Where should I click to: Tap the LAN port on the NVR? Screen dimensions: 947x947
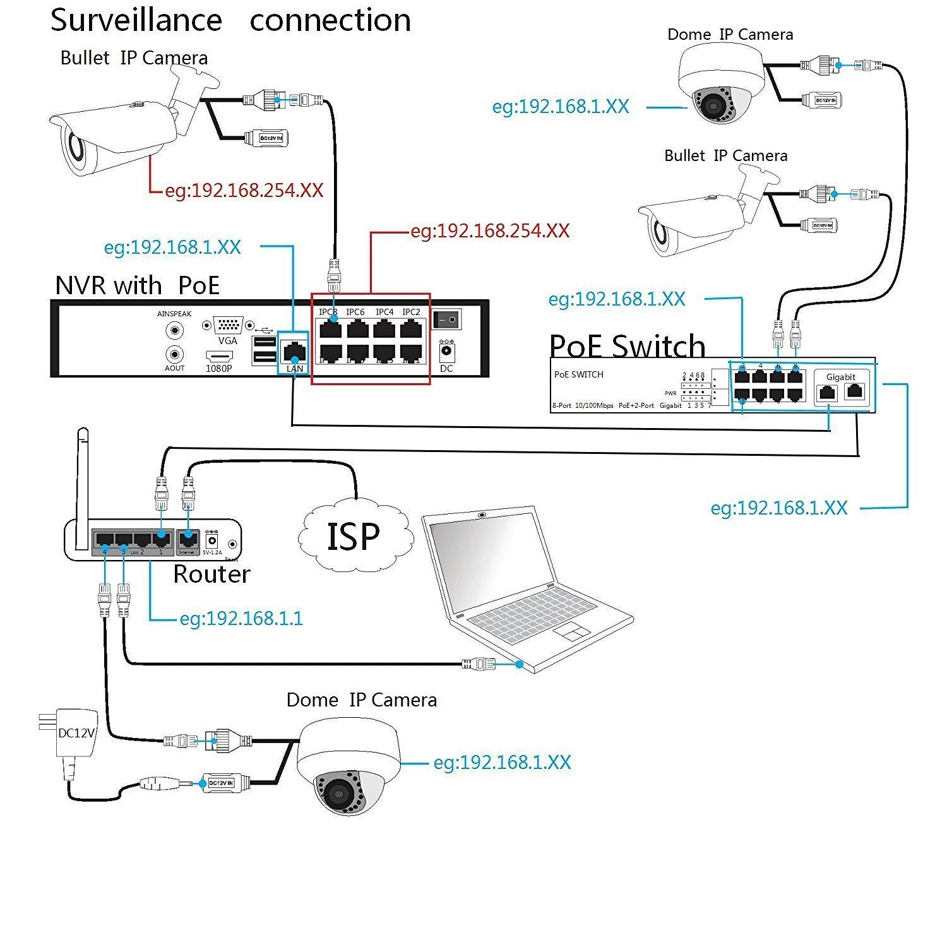pos(294,350)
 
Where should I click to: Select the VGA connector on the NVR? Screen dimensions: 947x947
pos(228,326)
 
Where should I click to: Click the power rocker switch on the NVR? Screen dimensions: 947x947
pos(446,319)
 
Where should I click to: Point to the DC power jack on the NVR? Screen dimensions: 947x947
pos(447,351)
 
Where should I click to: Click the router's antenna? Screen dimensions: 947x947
pos(81,486)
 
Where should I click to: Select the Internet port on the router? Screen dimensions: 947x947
pos(188,539)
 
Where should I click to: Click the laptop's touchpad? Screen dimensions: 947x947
pos(571,630)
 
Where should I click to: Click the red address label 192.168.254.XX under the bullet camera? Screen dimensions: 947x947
pos(244,190)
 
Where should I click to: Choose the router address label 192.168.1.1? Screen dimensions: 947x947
pos(241,618)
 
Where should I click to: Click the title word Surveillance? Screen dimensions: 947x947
pos(136,20)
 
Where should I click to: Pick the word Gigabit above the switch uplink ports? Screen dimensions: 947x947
pos(841,377)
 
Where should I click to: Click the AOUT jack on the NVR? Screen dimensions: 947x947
pos(174,354)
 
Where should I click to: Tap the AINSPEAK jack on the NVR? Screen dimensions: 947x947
pos(174,330)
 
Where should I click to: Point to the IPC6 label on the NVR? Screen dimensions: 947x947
pos(355,312)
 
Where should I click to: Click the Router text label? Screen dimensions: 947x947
pos(211,574)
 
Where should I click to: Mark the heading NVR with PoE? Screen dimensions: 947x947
pos(137,285)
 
